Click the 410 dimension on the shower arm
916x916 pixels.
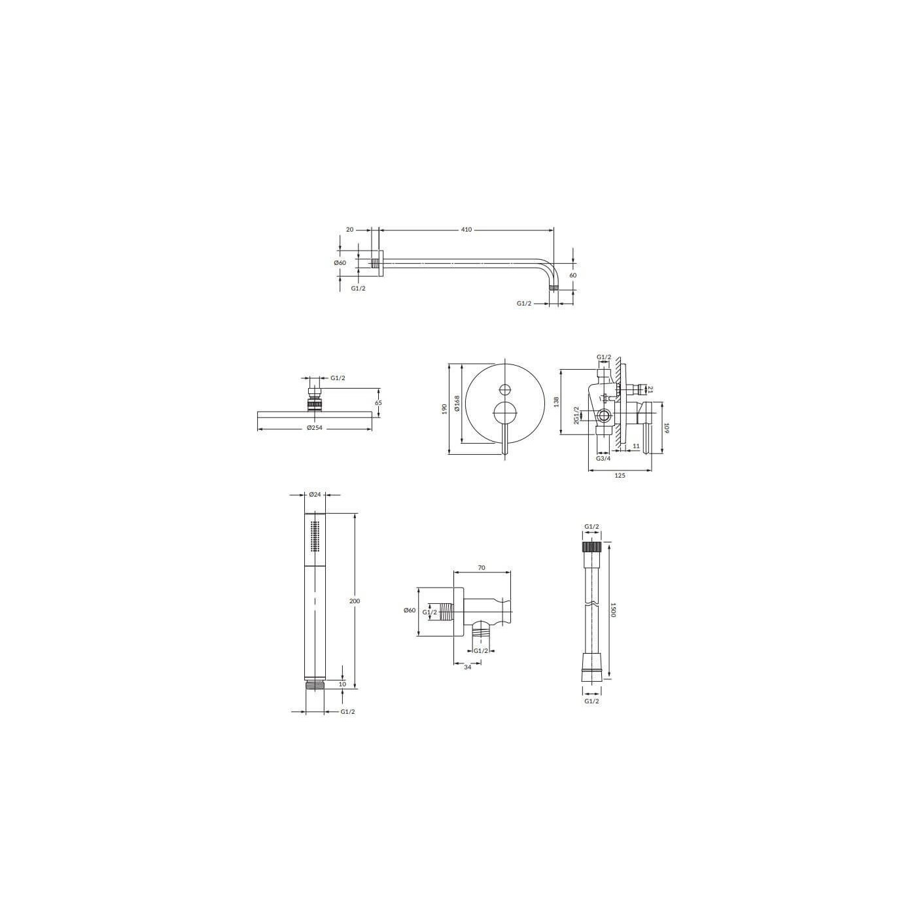click(466, 230)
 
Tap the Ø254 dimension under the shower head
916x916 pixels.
click(314, 428)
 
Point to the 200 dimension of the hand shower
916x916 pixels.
click(355, 601)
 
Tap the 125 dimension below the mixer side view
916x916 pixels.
click(620, 476)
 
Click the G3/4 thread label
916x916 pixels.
click(603, 458)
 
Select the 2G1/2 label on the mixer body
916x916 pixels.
click(576, 415)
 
